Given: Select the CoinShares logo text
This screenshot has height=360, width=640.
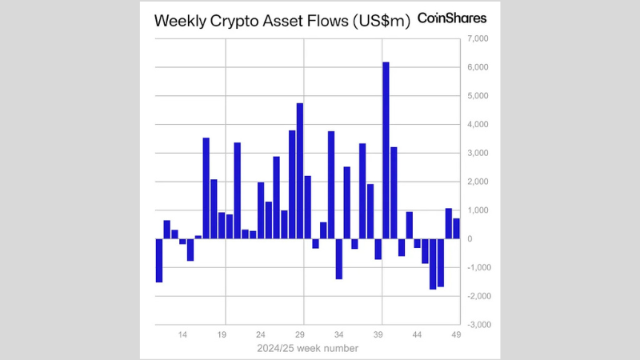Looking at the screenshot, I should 452,18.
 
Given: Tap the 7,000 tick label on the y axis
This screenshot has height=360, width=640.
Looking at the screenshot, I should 477,38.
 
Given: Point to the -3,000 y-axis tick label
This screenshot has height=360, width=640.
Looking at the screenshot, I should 477,325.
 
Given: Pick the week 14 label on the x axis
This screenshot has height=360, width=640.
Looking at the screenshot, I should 183,336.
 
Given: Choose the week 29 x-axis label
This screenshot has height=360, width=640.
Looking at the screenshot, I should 300,336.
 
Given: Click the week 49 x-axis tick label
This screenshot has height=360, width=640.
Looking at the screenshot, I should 456,336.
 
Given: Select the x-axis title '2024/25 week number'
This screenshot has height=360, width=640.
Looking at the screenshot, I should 307,349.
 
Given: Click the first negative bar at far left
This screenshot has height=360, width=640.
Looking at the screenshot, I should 159,260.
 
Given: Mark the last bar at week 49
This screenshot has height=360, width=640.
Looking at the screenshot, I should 456,229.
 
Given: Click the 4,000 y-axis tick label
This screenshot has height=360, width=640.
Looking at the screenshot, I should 477,125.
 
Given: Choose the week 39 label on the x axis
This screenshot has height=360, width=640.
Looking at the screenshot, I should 378,336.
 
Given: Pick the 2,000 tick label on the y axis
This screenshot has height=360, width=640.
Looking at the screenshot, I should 477,182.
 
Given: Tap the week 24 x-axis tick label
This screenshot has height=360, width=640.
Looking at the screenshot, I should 261,336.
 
